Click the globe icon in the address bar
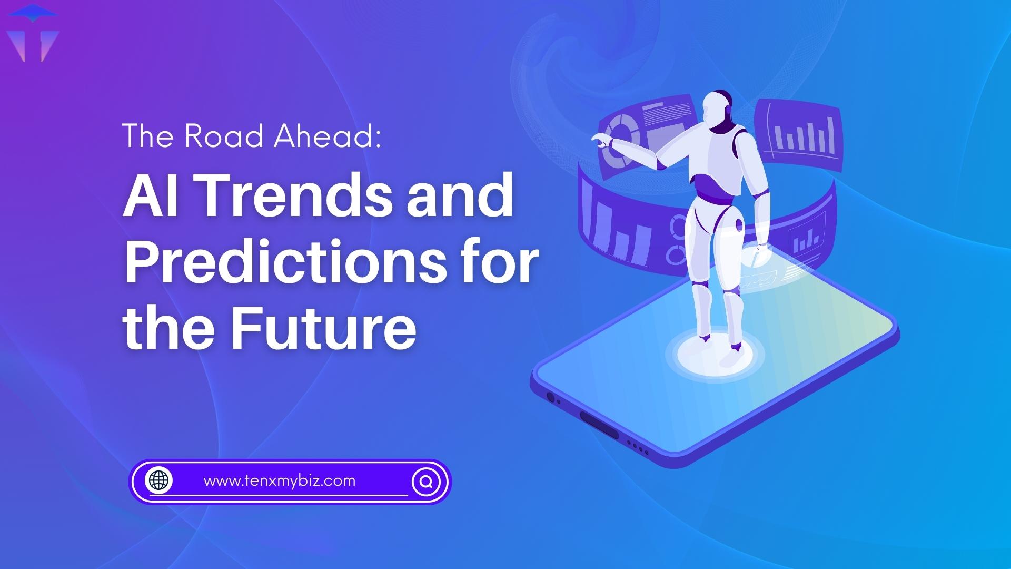point(160,480)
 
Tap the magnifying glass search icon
point(427,481)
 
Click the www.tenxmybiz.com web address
point(279,481)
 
